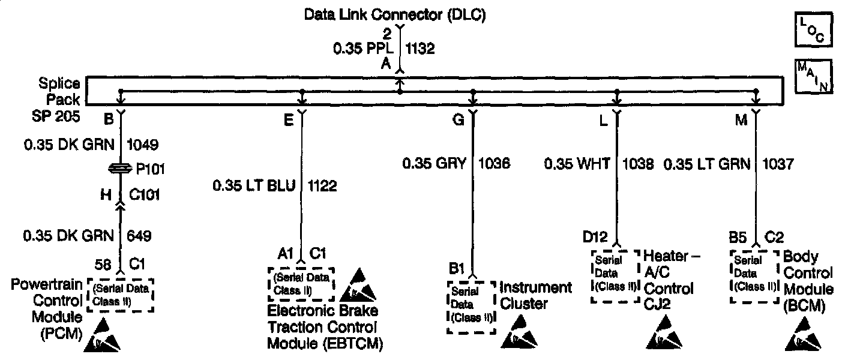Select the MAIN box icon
coord(813,76)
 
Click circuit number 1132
coord(421,49)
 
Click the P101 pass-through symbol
coord(121,170)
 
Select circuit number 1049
coord(143,145)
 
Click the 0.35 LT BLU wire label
coord(254,186)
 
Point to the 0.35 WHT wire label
coord(577,163)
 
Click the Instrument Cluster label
coord(535,295)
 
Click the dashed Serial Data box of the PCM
coord(120,295)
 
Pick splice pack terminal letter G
coord(458,120)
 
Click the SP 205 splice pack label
coord(56,116)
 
